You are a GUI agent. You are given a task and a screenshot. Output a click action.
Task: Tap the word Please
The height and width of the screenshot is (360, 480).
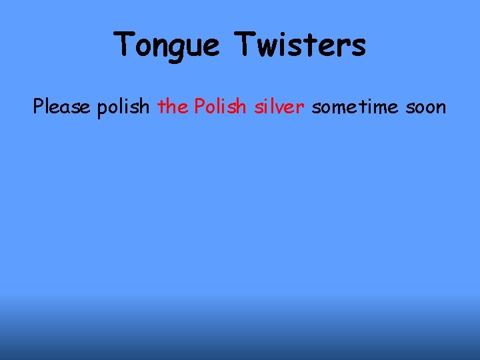pyautogui.click(x=62, y=106)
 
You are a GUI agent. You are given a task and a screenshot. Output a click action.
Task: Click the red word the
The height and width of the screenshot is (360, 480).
pyautogui.click(x=173, y=106)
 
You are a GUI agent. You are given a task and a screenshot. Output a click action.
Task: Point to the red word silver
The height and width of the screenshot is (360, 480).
pyautogui.click(x=279, y=106)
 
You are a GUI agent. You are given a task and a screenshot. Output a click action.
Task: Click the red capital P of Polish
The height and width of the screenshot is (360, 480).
pyautogui.click(x=199, y=106)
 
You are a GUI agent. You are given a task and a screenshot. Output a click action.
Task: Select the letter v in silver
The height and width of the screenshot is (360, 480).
pyautogui.click(x=280, y=107)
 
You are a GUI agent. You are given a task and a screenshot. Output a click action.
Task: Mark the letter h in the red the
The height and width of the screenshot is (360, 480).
pyautogui.click(x=173, y=105)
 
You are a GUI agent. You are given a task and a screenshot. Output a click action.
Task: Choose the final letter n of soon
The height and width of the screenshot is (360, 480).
pyautogui.click(x=440, y=107)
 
